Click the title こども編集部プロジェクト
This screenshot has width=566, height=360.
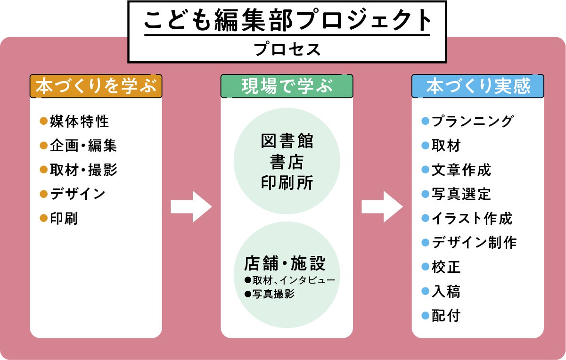pyautogui.click(x=287, y=21)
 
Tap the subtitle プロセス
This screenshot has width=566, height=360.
pyautogui.click(x=287, y=49)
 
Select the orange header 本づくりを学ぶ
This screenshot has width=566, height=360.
pyautogui.click(x=96, y=86)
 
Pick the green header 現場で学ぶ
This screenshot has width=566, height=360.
pyautogui.click(x=287, y=86)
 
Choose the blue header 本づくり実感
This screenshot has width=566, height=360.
pyautogui.click(x=478, y=86)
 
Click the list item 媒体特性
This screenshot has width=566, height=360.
pyautogui.click(x=79, y=122)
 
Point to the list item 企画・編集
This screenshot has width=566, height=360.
pyautogui.click(x=83, y=146)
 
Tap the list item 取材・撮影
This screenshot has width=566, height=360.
pyautogui.click(x=83, y=170)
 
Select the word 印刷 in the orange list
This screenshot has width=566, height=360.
pyautogui.click(x=64, y=219)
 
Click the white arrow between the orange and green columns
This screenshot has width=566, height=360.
pyautogui.click(x=191, y=206)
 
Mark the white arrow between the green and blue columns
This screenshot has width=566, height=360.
pyautogui.click(x=382, y=206)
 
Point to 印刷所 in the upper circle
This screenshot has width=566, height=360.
pyautogui.click(x=287, y=183)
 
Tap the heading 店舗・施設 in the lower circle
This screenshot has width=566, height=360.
pyautogui.click(x=285, y=263)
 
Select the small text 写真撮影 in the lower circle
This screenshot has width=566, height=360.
pyautogui.click(x=273, y=294)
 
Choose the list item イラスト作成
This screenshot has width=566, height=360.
pyautogui.click(x=472, y=219)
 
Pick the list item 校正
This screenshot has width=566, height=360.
pyautogui.click(x=446, y=267)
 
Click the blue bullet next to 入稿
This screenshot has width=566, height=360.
pyautogui.click(x=425, y=291)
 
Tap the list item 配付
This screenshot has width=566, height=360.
pyautogui.click(x=446, y=316)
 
